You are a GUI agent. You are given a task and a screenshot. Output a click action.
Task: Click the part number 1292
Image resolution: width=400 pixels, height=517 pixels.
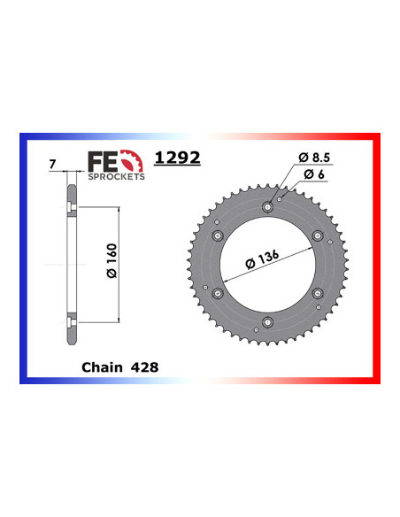(x=176, y=158)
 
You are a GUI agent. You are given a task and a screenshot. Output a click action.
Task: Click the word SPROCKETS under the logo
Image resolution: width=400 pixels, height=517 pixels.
(x=116, y=176)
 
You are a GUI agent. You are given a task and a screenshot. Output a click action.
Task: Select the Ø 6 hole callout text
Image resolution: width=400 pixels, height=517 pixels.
(x=315, y=175)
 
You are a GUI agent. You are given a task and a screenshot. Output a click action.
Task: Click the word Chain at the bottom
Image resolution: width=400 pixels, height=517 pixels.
(x=102, y=364)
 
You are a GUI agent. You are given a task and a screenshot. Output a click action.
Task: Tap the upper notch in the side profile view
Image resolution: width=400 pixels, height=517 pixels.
(x=70, y=208)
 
